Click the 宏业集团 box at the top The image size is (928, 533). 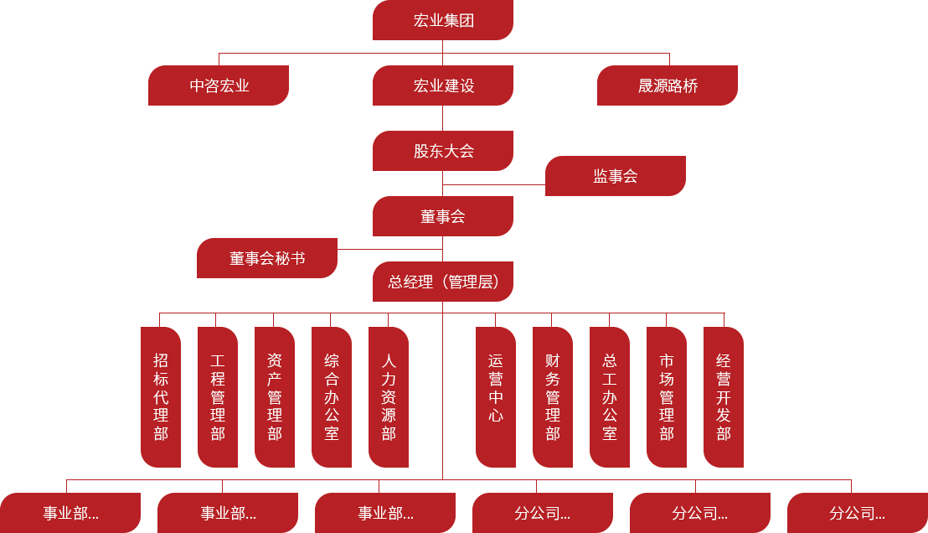click(x=443, y=20)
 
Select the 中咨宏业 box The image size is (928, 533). click(x=219, y=85)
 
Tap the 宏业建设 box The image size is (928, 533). click(x=443, y=85)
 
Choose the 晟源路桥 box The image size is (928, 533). click(x=668, y=85)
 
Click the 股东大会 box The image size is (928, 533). click(x=443, y=151)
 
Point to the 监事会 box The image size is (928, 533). click(x=616, y=176)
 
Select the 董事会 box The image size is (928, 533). click(x=443, y=216)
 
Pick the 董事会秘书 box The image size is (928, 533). click(x=267, y=258)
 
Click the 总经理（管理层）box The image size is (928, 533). click(x=443, y=282)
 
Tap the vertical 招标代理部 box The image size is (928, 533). click(x=161, y=397)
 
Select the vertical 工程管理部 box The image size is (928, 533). click(x=218, y=397)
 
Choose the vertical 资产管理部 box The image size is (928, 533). click(x=275, y=397)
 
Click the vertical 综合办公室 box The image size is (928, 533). click(x=332, y=397)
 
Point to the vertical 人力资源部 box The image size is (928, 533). click(x=389, y=397)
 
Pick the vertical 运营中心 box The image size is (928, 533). click(x=496, y=397)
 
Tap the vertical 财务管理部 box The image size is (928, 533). click(x=553, y=397)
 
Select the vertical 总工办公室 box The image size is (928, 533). click(x=610, y=397)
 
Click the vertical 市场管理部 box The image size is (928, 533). click(x=667, y=397)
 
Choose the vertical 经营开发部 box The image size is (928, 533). click(x=724, y=397)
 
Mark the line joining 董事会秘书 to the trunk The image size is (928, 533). click(x=389, y=249)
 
